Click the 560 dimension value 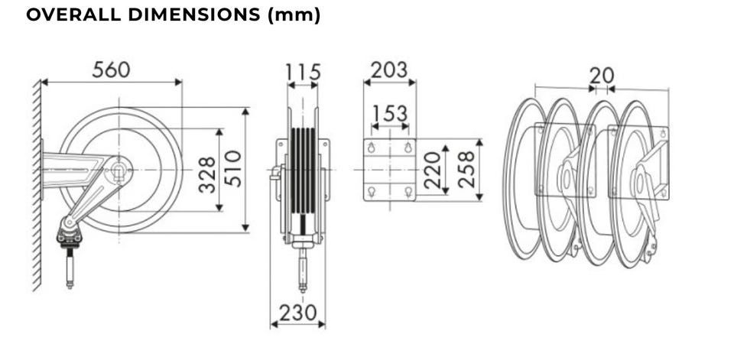click(111, 70)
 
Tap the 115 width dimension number click(303, 72)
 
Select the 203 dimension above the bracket click(389, 70)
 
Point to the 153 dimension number click(390, 113)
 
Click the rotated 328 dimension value click(207, 174)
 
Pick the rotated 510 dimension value click(233, 168)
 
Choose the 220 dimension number click(432, 170)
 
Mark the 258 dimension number click(466, 170)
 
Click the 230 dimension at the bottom click(297, 313)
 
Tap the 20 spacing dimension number click(602, 76)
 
